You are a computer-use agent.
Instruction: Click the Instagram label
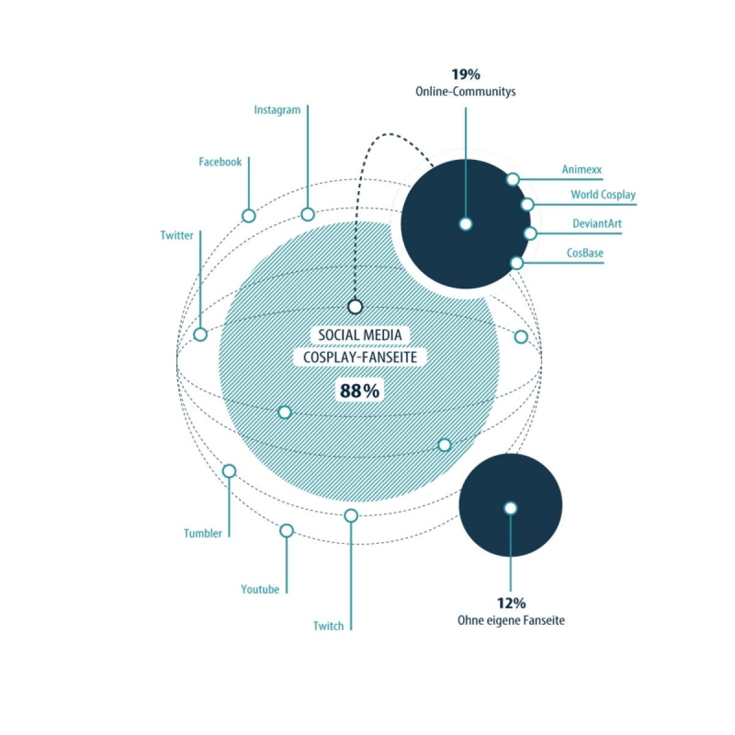point(277,110)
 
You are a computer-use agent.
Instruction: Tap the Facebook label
point(220,162)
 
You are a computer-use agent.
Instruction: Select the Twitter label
point(176,235)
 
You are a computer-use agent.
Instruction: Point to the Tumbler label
point(203,533)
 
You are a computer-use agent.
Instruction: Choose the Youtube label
point(260,590)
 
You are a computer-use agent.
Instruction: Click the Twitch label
point(328,627)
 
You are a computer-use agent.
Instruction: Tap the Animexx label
point(582,169)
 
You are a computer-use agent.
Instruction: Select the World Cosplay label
point(603,195)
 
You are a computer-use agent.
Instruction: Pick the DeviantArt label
point(597,224)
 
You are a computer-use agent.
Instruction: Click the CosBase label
point(585,253)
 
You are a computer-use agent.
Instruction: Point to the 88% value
point(360,391)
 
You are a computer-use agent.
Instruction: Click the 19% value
point(466,75)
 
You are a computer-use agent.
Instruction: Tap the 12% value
point(511,604)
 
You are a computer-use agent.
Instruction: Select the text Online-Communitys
point(466,92)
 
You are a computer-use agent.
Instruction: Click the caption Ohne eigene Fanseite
point(511,621)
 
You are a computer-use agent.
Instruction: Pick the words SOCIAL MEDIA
point(360,335)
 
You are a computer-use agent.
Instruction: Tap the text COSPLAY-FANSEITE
point(360,358)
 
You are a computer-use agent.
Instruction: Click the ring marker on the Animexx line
point(513,179)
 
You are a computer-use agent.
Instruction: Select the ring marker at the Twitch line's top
point(351,516)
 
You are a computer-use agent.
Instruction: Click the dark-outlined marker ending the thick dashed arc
point(355,307)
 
